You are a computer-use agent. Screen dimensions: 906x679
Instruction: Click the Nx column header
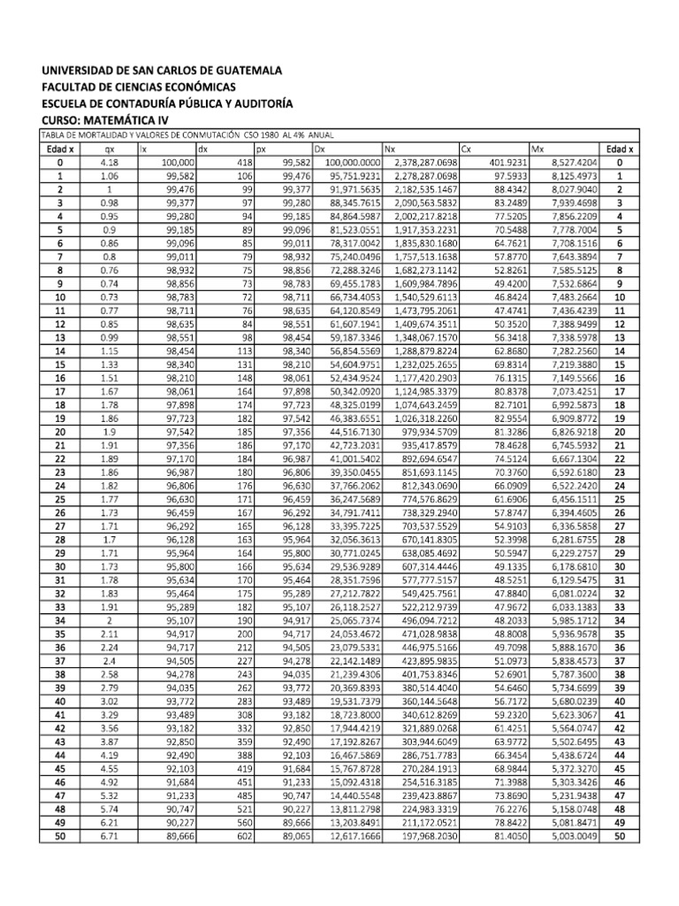(x=390, y=149)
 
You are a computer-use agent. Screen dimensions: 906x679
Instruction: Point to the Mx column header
(x=537, y=149)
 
